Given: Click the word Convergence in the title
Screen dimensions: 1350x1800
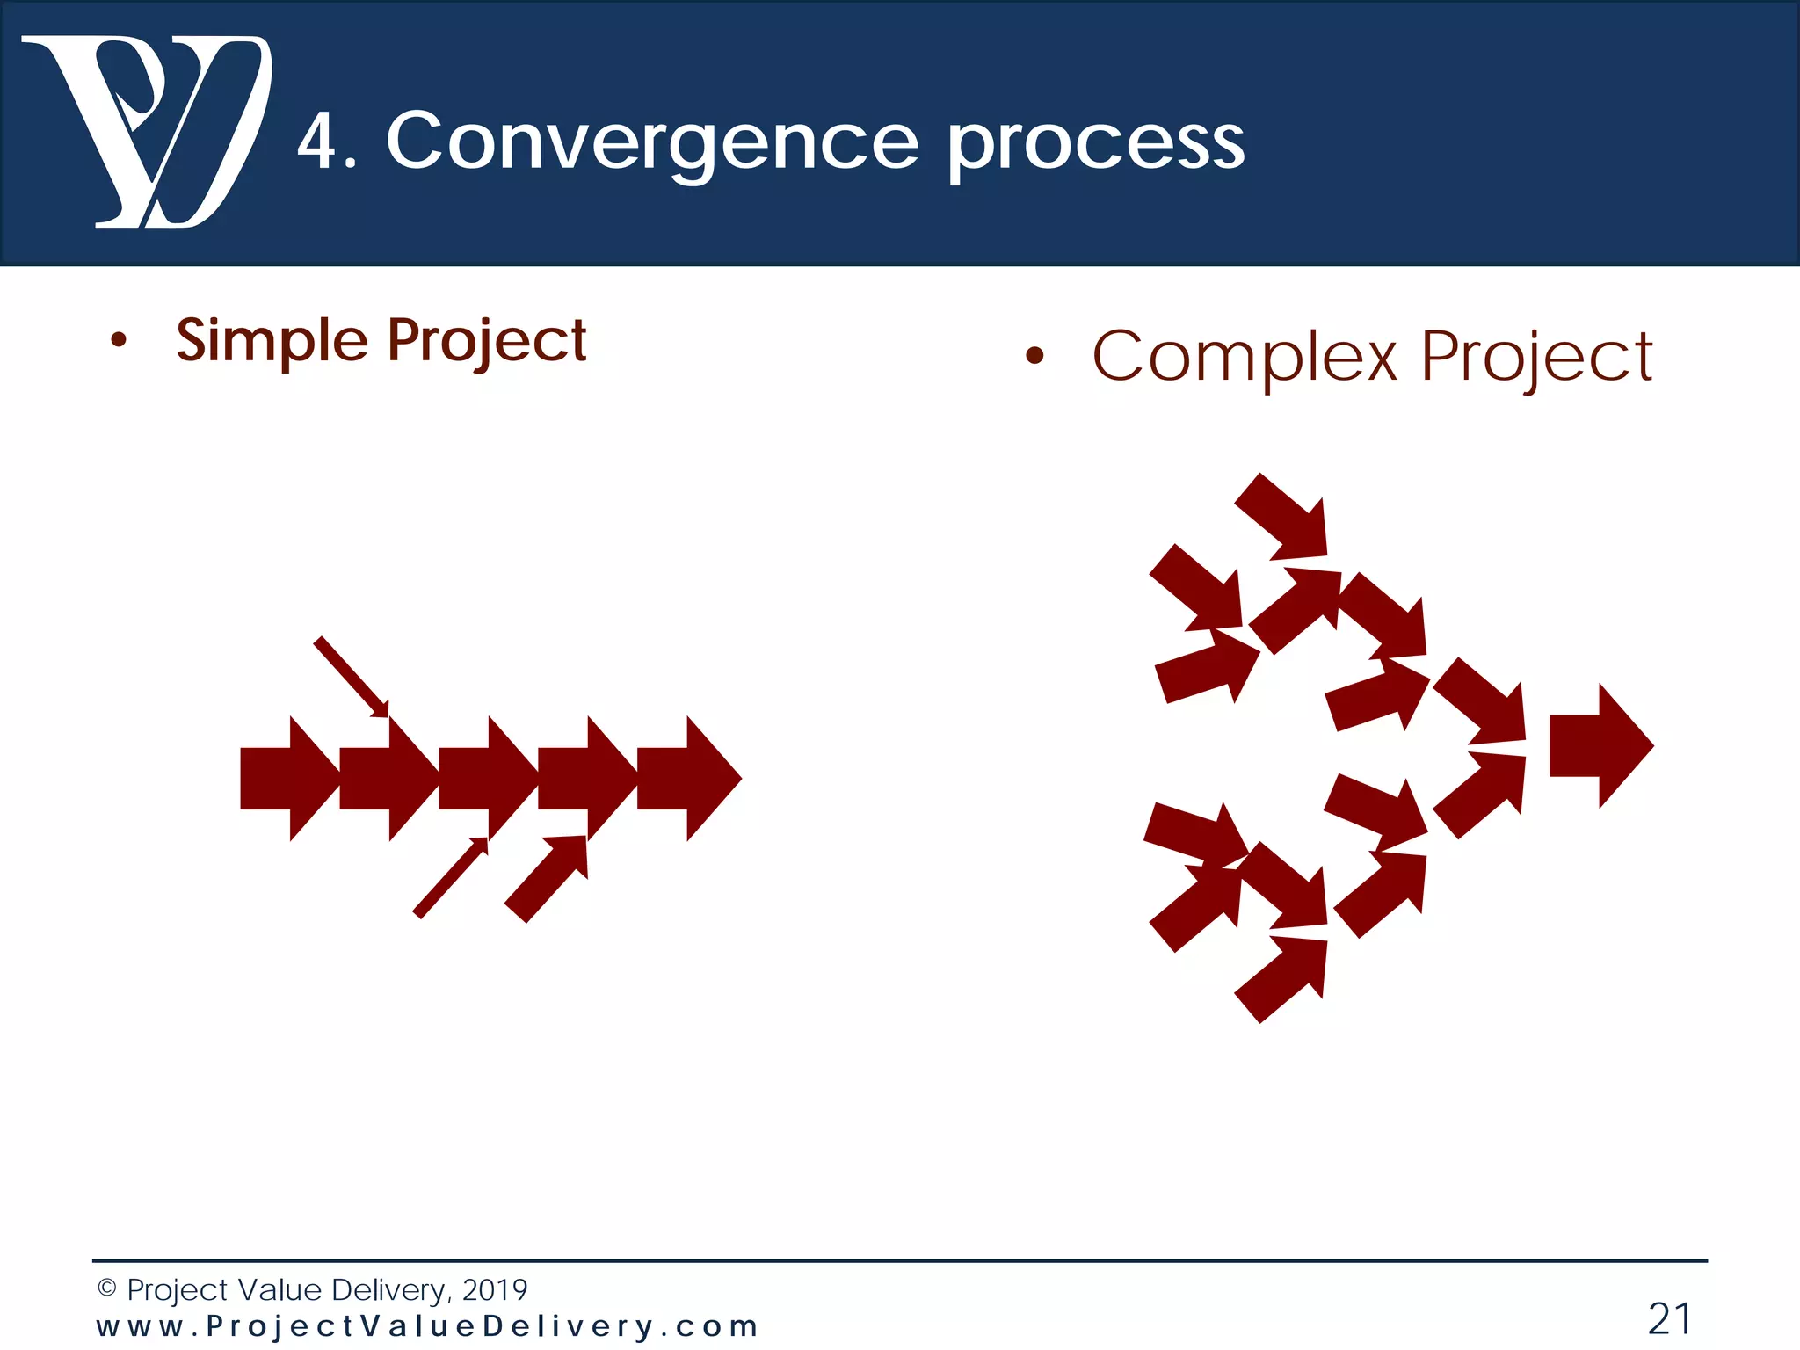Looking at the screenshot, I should pyautogui.click(x=652, y=142).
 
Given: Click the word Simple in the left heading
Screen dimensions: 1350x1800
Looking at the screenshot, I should pyautogui.click(x=272, y=341).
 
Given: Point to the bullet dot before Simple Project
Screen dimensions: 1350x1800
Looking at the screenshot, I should pyautogui.click(x=119, y=341).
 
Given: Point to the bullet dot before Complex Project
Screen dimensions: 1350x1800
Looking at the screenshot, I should pyautogui.click(x=1034, y=356).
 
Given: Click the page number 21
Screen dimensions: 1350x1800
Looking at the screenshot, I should pyautogui.click(x=1669, y=1318).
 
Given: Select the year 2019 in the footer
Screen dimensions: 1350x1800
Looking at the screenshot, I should pyautogui.click(x=494, y=1289).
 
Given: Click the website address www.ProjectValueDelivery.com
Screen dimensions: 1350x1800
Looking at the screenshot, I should pyautogui.click(x=427, y=1326).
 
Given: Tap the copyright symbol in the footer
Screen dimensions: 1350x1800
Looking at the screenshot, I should pyautogui.click(x=106, y=1288).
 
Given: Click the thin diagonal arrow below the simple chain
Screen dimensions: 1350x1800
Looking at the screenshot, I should pyautogui.click(x=450, y=878).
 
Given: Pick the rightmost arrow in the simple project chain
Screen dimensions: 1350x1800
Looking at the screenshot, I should pyautogui.click(x=690, y=779).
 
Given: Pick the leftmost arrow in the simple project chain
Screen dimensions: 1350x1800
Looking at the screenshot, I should pyautogui.click(x=286, y=779).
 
